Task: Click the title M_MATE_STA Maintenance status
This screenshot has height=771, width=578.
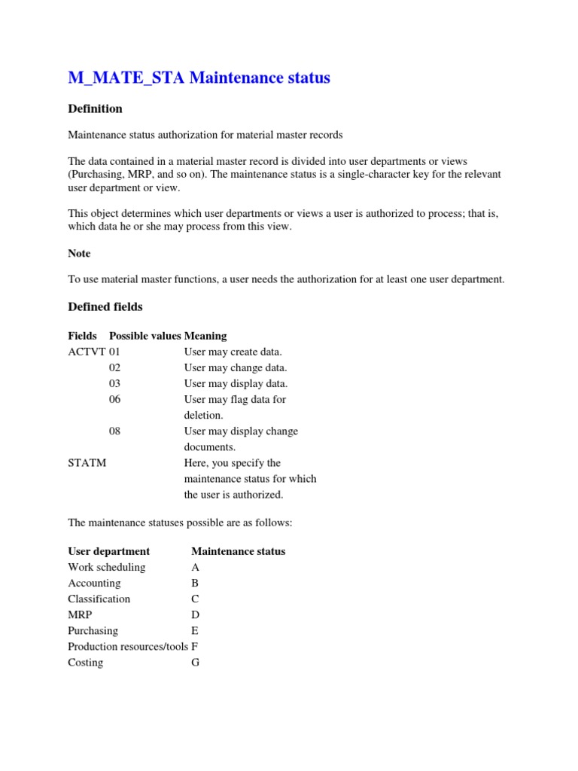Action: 199,78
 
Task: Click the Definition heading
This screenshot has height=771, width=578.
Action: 95,108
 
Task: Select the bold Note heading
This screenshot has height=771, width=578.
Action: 79,254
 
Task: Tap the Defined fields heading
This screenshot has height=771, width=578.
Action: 105,306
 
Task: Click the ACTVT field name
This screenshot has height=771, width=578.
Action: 87,352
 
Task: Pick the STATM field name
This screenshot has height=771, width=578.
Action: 87,463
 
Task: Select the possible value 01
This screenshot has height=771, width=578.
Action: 114,352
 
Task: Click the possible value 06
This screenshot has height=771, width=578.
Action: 114,399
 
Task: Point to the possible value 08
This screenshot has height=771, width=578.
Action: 114,431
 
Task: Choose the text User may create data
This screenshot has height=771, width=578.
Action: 233,352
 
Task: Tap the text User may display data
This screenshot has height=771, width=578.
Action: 235,383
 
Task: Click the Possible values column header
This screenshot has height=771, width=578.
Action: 145,336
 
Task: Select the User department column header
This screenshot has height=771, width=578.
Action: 108,551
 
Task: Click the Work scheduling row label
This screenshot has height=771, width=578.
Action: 106,567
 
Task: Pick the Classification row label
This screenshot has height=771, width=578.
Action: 99,599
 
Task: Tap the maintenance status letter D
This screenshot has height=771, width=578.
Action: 195,614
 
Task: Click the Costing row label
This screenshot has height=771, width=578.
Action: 85,663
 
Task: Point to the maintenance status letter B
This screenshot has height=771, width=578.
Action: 195,583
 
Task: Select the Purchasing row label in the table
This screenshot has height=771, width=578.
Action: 93,630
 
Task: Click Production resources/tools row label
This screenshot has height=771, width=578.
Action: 128,646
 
